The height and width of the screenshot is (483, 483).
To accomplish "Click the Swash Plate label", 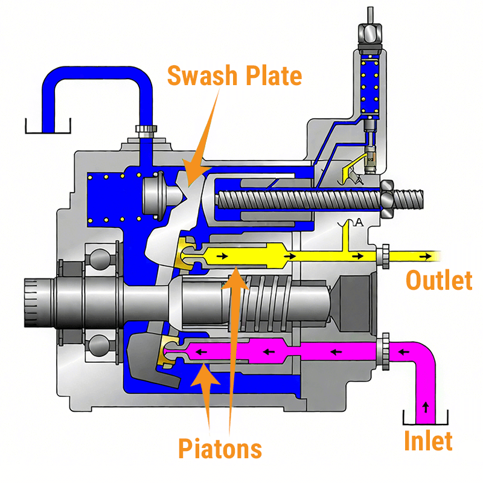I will tap(234, 76).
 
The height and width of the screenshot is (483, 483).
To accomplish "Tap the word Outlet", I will tap(438, 281).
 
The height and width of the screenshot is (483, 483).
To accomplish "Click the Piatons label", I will tap(220, 449).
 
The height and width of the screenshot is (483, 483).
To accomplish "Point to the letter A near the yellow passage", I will tap(359, 222).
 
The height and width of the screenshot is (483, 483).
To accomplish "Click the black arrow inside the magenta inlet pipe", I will tap(426, 406).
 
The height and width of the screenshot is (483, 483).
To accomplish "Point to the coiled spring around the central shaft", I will tap(266, 299).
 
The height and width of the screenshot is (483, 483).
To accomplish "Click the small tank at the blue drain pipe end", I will tap(48, 127).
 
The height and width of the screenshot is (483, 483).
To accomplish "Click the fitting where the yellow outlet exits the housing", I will tap(382, 256).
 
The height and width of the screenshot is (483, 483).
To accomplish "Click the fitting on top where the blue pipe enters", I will tap(146, 130).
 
